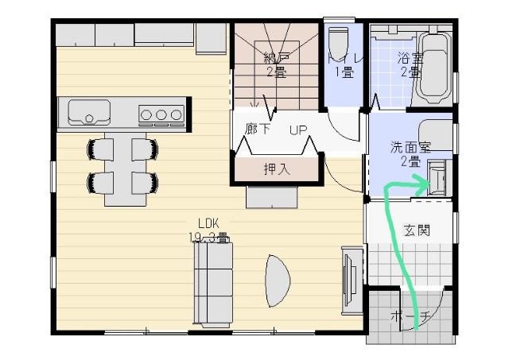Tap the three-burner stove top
coord(161,114)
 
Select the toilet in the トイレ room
coord(337,40)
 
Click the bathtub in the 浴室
coord(434,68)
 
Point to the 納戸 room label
coord(275,58)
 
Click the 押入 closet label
coord(276,168)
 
